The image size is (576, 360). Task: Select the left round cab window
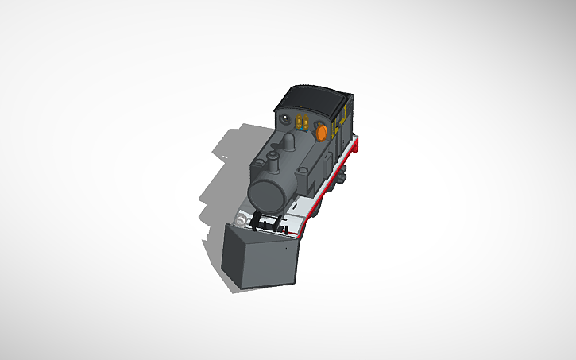[x=284, y=118]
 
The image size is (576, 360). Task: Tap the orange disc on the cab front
[x=322, y=133]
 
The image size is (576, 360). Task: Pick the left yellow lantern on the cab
[x=299, y=122]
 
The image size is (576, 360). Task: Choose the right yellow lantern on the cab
[x=306, y=122]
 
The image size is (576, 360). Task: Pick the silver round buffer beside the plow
[x=241, y=216]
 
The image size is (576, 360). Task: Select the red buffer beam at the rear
[x=358, y=145]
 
